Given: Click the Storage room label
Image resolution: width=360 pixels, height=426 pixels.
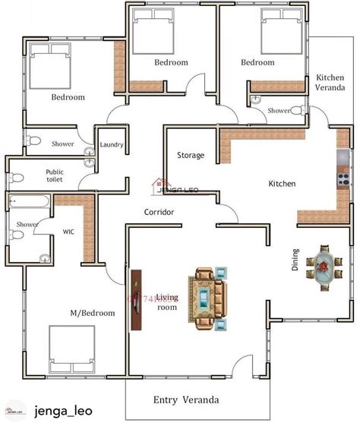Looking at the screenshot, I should coord(191,155).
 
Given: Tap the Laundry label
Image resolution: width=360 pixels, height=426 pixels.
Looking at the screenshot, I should coord(112,144).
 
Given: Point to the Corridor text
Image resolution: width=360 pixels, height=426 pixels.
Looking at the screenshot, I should coord(159,212).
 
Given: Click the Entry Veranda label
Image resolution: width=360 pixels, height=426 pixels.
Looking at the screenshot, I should coord(186,399).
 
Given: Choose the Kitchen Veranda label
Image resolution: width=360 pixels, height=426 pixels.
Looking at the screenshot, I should coord(330,83).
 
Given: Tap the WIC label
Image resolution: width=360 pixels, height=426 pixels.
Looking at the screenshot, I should coord(68,231).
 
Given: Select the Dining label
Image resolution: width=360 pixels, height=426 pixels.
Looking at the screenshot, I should coord(296,259).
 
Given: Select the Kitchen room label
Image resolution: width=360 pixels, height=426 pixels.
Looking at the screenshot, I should coord(282,184).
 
